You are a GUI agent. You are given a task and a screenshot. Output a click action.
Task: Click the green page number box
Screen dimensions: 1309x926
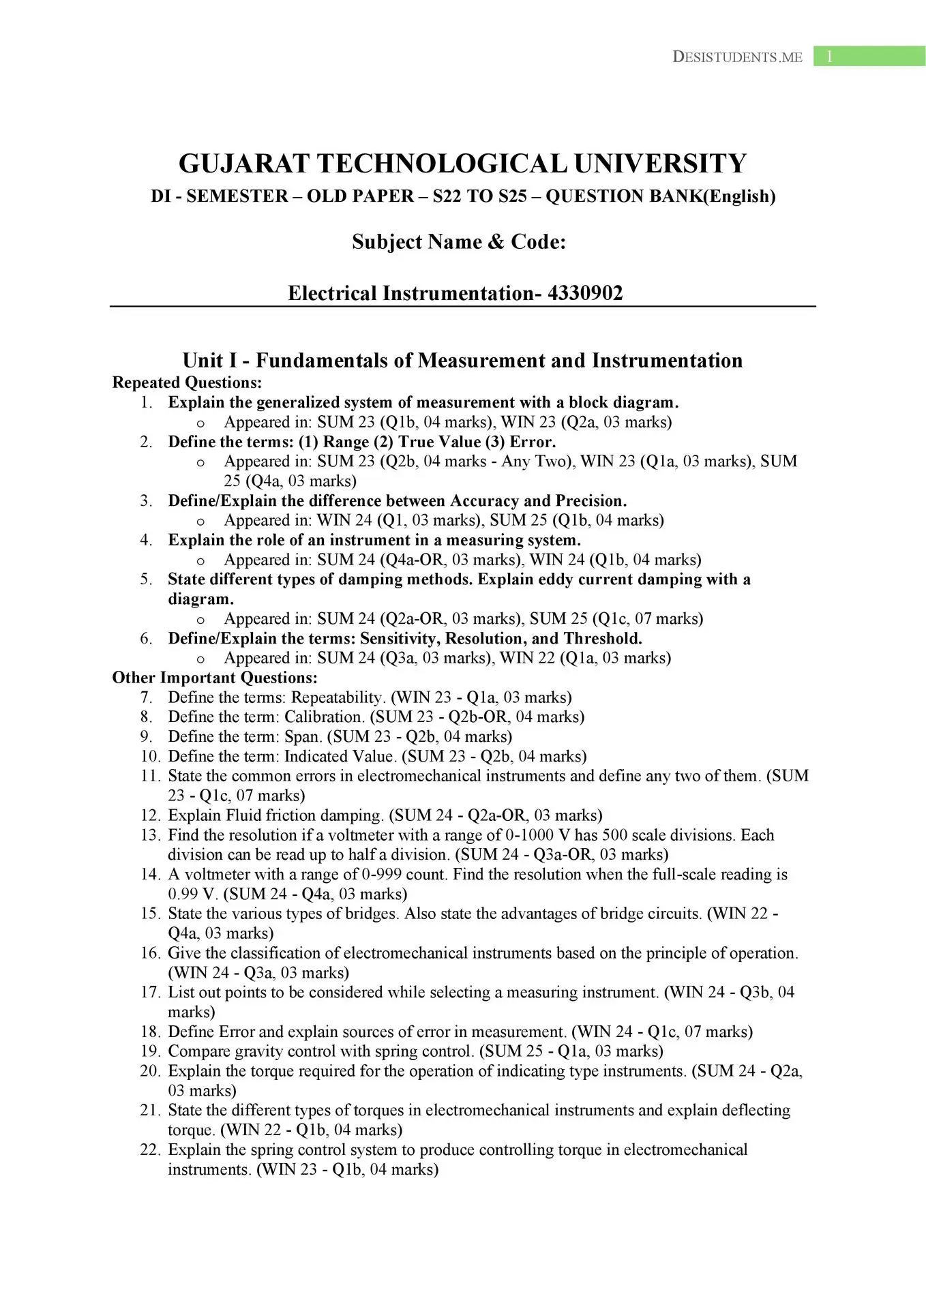869,57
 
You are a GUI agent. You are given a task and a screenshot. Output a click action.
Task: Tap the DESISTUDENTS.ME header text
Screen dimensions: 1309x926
737,57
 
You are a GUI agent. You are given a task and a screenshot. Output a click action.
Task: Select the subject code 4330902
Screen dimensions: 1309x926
585,293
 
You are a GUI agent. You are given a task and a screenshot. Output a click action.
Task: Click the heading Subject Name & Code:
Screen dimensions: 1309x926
459,242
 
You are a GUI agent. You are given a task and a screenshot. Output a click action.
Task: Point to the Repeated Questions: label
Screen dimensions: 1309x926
187,382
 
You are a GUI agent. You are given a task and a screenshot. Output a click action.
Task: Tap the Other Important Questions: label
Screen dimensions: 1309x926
215,678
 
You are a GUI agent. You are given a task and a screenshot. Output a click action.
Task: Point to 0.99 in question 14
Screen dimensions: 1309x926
183,894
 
